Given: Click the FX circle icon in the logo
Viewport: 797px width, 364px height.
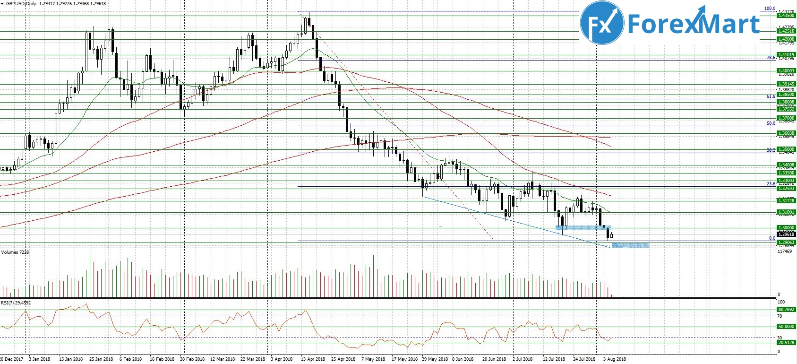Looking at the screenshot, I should coord(602,23).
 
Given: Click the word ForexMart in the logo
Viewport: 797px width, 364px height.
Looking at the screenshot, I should coord(693,24).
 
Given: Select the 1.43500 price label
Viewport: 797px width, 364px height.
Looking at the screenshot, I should coord(786,16).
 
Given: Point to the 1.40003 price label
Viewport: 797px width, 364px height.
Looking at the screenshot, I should coord(786,71).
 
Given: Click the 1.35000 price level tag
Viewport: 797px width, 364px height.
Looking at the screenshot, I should coord(786,149).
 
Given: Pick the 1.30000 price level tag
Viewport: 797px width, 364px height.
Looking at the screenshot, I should coord(786,228).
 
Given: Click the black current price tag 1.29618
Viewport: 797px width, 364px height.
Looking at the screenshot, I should coord(786,234).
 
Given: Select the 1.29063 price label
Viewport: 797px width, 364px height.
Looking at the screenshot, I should coord(786,242).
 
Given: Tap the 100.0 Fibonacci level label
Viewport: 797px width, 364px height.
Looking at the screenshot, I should coord(770,9).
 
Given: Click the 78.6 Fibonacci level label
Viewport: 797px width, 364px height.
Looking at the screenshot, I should coord(771,58).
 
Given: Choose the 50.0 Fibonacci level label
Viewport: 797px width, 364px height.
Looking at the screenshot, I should coord(771,123).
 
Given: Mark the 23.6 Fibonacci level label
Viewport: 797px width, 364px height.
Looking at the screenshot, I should coord(771,184).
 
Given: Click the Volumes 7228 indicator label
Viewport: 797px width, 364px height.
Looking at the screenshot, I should coord(15,252).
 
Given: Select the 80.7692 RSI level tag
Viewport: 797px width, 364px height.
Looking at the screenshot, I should coord(786,310).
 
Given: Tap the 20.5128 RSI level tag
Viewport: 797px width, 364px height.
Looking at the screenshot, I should coord(786,342).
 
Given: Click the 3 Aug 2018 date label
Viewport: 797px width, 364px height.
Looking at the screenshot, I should coord(614,359).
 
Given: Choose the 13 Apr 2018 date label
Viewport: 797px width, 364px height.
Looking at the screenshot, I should coord(313,359).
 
